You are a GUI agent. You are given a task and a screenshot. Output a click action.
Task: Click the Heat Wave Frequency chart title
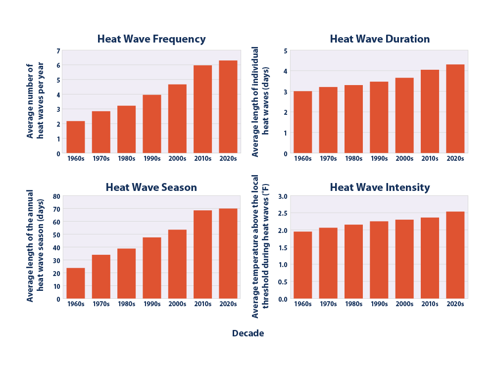point(151,39)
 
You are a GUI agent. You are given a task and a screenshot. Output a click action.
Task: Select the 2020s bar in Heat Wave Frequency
point(228,107)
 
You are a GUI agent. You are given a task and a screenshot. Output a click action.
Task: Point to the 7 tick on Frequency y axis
point(58,50)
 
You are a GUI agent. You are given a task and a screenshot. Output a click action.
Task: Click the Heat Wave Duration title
point(380,39)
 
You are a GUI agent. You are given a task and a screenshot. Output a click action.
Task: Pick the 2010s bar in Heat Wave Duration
point(430,111)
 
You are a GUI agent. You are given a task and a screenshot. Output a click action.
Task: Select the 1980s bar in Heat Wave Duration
point(354,119)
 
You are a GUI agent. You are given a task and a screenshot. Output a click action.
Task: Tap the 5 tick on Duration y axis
point(286,50)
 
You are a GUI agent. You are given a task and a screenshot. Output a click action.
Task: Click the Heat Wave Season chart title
point(151,187)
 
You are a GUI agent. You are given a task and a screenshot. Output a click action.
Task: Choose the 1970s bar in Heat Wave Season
point(101,277)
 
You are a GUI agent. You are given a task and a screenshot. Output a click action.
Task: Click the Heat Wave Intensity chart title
point(380,187)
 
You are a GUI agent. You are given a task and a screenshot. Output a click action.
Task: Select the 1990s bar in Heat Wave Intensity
point(379,260)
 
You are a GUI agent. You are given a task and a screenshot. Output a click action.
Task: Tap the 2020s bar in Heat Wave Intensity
point(455,255)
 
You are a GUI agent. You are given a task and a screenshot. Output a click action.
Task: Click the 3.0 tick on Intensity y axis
point(283,196)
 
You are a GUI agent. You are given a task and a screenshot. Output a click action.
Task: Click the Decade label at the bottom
point(248,333)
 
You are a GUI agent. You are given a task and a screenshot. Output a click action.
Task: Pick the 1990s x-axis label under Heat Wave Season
point(152,304)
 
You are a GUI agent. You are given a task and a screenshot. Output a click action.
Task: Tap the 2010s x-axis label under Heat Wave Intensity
point(430,304)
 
